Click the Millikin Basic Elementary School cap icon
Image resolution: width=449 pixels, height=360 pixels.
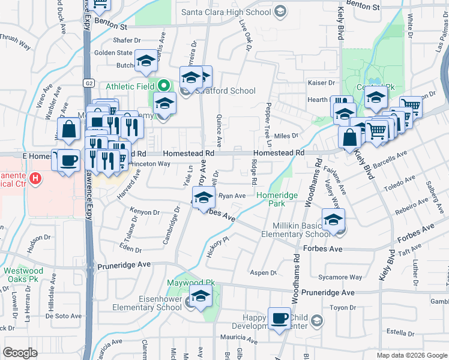click(333, 220)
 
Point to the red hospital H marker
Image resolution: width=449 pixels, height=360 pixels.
click(35, 178)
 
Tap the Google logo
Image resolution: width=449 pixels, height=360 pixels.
click(20, 352)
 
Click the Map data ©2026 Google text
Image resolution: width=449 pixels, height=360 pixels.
click(411, 355)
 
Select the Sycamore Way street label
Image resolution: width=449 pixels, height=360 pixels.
click(340, 277)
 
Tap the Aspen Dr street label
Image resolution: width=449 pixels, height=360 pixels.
click(265, 272)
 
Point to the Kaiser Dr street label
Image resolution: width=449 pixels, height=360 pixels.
click(321, 83)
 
